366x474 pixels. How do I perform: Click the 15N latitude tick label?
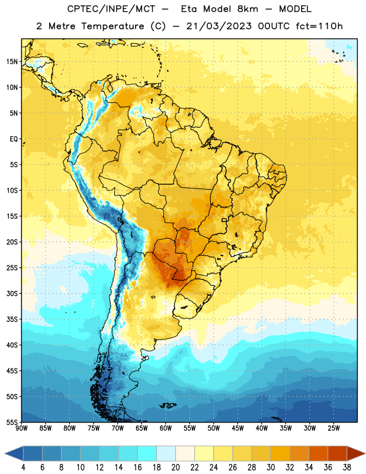pos(12,62)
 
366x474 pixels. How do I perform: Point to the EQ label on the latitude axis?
pos(14,139)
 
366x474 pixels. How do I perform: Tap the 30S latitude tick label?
pos(12,293)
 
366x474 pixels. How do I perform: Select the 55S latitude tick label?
pos(12,422)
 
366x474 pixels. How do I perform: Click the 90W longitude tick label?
pos(22,428)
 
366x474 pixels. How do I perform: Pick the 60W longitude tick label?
pos(166,428)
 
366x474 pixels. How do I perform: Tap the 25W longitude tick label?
pos(333,428)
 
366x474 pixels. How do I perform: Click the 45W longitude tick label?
pos(238,428)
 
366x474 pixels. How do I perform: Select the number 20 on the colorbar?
pos(175,467)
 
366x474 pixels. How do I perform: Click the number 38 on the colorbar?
pos(346,467)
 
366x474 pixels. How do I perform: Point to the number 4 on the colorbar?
pos(23,467)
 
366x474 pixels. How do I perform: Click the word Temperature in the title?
pos(113,26)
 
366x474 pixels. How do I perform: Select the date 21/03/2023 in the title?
pos(219,26)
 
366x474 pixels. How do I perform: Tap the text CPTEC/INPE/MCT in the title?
pos(111,9)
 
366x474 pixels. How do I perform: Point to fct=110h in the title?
pos(319,26)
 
